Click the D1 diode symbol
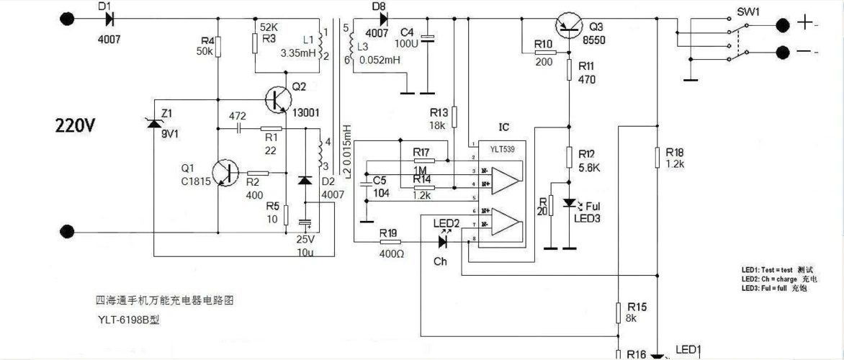click(x=109, y=19)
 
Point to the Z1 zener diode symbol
click(x=153, y=122)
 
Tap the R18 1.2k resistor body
click(x=657, y=158)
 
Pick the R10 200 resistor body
click(x=544, y=52)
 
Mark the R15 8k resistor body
click(x=618, y=314)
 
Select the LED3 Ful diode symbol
click(x=570, y=204)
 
